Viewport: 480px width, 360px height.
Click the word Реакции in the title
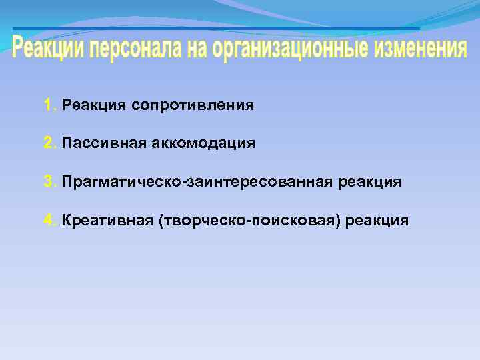(x=48, y=49)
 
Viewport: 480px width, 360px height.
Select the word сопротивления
(x=193, y=105)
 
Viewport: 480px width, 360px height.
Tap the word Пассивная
(x=97, y=143)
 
